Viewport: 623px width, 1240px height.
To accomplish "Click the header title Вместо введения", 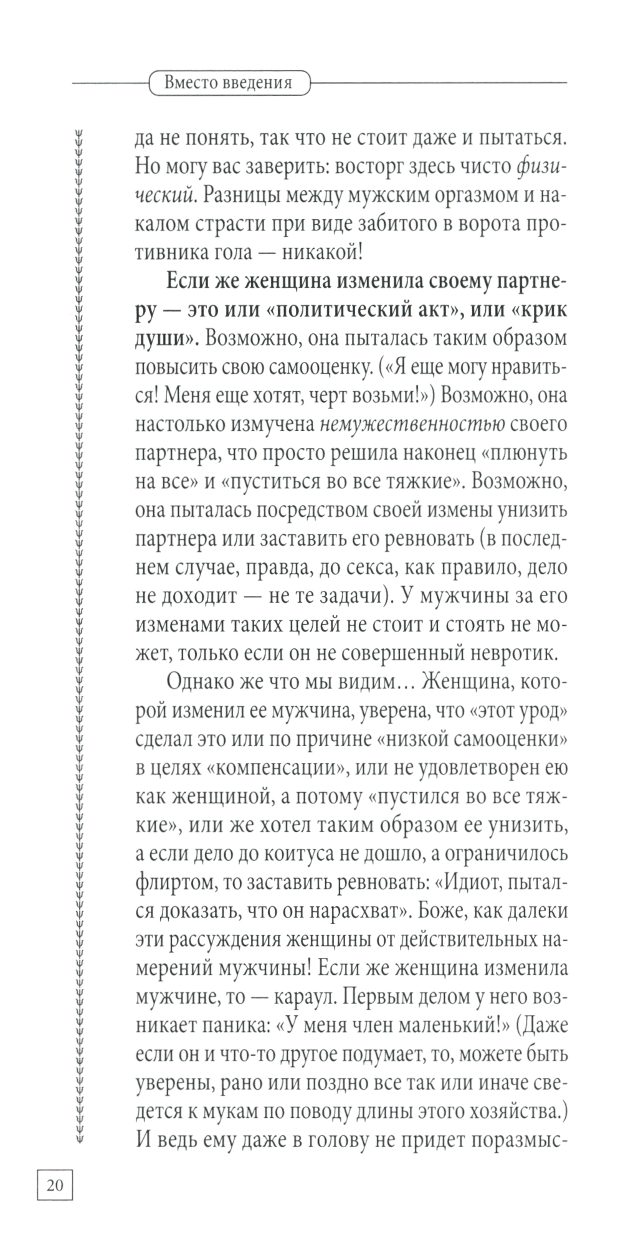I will click(229, 83).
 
